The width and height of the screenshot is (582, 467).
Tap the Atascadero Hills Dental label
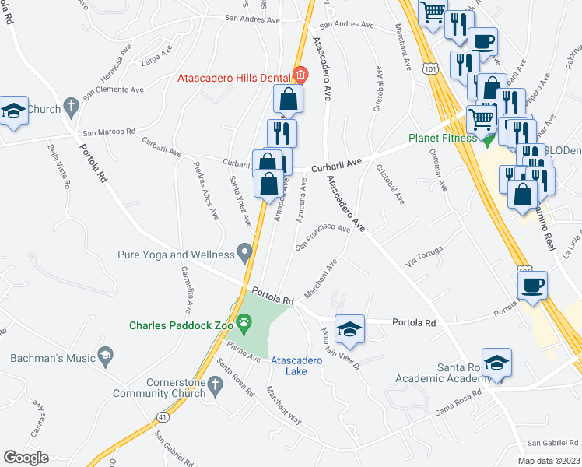tap(233, 77)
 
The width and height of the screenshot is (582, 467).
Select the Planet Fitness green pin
tap(488, 140)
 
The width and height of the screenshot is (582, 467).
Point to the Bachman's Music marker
tap(105, 356)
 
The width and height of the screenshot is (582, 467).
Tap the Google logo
tap(26, 458)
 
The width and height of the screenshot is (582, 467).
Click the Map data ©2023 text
tap(549, 461)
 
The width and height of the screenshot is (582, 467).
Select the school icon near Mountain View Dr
tap(350, 328)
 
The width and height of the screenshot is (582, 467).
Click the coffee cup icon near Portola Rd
tap(533, 285)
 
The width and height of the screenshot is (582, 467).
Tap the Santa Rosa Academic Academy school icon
tap(496, 363)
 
